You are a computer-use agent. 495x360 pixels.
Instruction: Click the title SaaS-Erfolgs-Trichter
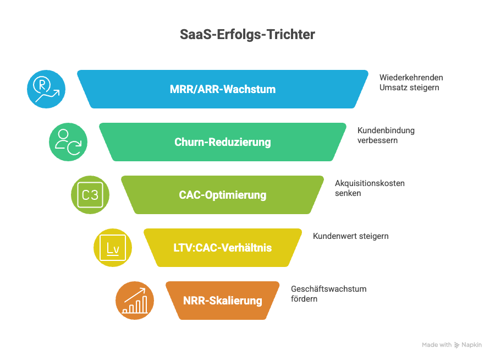pyautogui.click(x=247, y=34)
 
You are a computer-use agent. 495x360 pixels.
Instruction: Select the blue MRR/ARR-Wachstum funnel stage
pyautogui.click(x=222, y=89)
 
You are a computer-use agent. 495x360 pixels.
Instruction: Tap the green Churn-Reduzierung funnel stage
pyautogui.click(x=222, y=142)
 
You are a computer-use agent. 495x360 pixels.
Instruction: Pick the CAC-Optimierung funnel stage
pyautogui.click(x=222, y=195)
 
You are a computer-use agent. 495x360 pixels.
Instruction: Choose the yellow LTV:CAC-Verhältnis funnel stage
pyautogui.click(x=222, y=248)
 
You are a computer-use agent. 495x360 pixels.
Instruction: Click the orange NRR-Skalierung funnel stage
pyautogui.click(x=222, y=301)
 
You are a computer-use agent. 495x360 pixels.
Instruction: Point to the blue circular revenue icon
pyautogui.click(x=46, y=89)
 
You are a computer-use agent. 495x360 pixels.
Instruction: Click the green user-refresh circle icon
pyautogui.click(x=68, y=142)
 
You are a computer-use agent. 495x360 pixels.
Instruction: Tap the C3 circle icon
pyautogui.click(x=90, y=195)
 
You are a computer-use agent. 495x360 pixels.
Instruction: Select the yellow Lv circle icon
pyautogui.click(x=112, y=248)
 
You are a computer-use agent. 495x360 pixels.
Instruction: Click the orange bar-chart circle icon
pyautogui.click(x=134, y=301)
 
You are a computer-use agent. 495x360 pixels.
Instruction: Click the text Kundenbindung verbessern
pyautogui.click(x=386, y=135)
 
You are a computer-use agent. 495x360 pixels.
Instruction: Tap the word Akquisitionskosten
pyautogui.click(x=370, y=183)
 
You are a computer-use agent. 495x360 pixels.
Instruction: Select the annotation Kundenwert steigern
pyautogui.click(x=350, y=236)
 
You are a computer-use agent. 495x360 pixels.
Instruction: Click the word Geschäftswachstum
pyautogui.click(x=328, y=289)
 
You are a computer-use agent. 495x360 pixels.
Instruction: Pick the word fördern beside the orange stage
pyautogui.click(x=304, y=299)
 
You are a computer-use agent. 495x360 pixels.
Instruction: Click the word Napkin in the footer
pyautogui.click(x=472, y=345)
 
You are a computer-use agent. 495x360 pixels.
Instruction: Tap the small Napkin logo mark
pyautogui.click(x=457, y=345)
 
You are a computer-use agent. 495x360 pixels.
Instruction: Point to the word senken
pyautogui.click(x=348, y=193)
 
